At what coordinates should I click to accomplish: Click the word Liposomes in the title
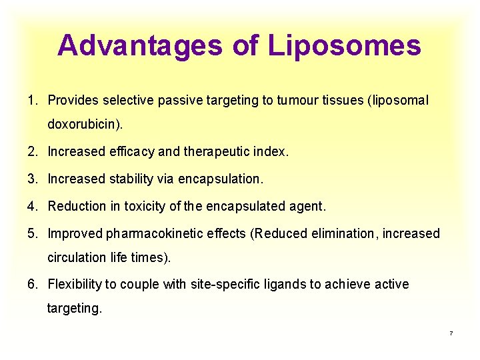345,45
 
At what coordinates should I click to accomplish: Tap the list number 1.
31,101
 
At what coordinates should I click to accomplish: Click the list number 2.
31,151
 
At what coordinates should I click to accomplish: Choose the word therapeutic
215,151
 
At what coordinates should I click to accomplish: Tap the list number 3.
31,179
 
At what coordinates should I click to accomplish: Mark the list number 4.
31,206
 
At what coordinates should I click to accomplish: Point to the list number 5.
31,233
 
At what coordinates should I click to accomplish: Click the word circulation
73,257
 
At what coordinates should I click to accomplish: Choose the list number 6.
31,285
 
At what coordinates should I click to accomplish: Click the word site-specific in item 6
222,285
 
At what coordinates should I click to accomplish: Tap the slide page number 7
451,333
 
